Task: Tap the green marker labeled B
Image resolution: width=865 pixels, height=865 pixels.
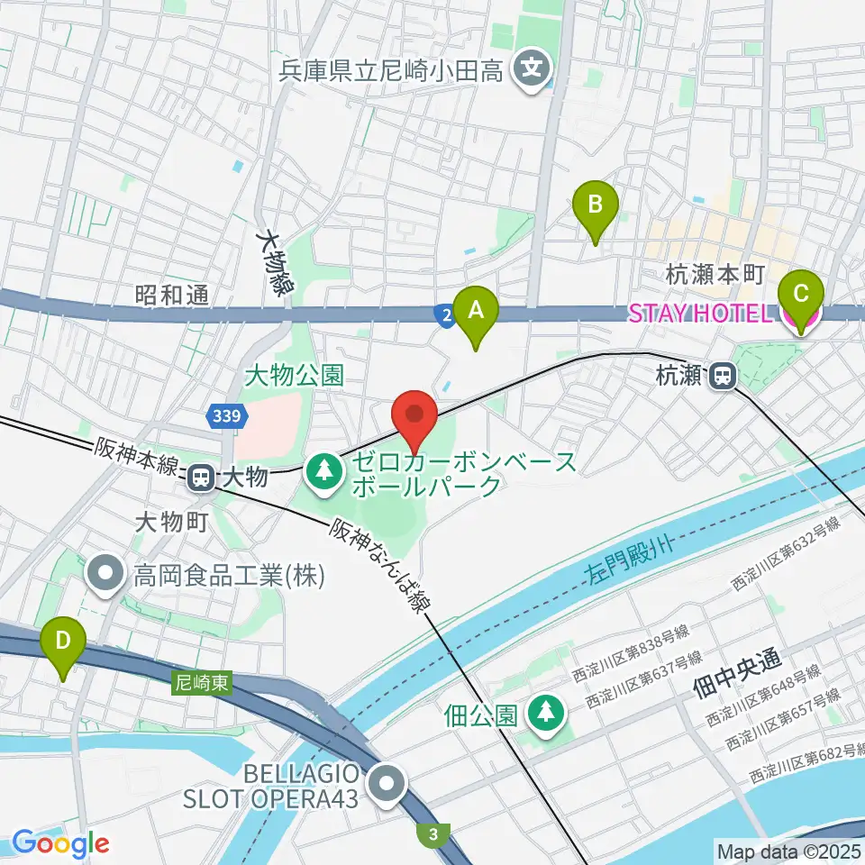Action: click(596, 205)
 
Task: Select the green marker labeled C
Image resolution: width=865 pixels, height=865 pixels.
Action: click(800, 295)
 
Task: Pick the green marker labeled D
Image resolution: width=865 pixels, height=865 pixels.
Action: click(63, 642)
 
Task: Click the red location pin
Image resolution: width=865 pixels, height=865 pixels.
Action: click(414, 414)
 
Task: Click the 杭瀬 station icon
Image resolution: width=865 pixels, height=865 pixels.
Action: click(722, 376)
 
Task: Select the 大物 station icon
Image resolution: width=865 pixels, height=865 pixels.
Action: click(200, 477)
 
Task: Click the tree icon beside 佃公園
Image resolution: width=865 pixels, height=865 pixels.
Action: click(544, 715)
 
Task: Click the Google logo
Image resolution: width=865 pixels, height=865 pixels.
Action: click(60, 843)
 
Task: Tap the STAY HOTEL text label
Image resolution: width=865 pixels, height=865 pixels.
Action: click(700, 314)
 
